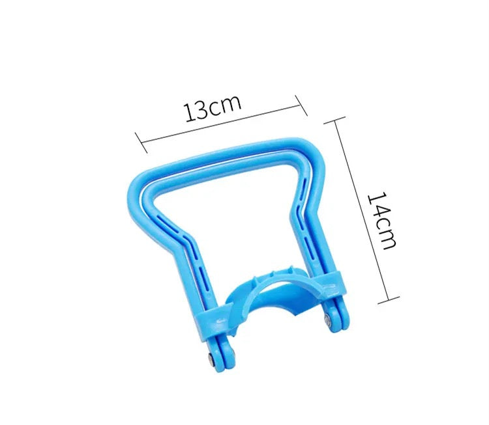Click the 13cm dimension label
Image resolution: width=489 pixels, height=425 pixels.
[213, 107]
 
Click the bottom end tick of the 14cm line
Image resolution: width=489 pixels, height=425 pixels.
[389, 300]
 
